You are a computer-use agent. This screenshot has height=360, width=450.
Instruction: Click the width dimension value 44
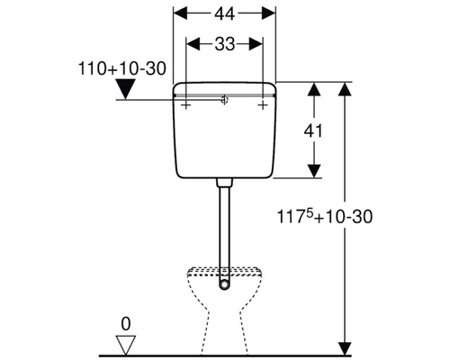point(225,14)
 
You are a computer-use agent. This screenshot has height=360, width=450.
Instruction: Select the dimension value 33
point(225,43)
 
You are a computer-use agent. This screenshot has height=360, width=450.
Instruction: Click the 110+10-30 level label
point(123,68)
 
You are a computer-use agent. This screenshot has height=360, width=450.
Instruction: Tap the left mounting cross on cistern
point(186,105)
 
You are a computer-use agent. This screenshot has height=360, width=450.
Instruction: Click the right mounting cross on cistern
point(263,105)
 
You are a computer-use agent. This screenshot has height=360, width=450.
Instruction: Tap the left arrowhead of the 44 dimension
point(178,14)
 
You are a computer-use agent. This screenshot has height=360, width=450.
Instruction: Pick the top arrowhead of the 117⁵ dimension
point(344,88)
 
